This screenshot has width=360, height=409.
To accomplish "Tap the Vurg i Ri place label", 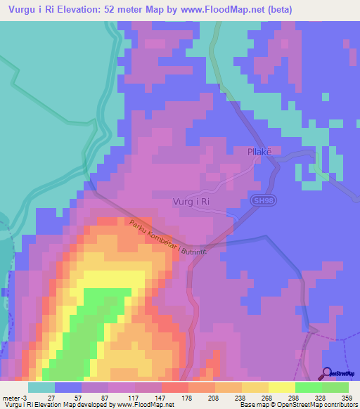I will point(191,202).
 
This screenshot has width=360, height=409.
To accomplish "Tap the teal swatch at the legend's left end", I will point(41,387).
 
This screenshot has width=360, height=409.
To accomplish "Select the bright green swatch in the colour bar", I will point(308,387).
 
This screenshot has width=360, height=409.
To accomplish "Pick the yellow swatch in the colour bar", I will point(281,387).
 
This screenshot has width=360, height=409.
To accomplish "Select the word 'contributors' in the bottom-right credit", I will point(340,405).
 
